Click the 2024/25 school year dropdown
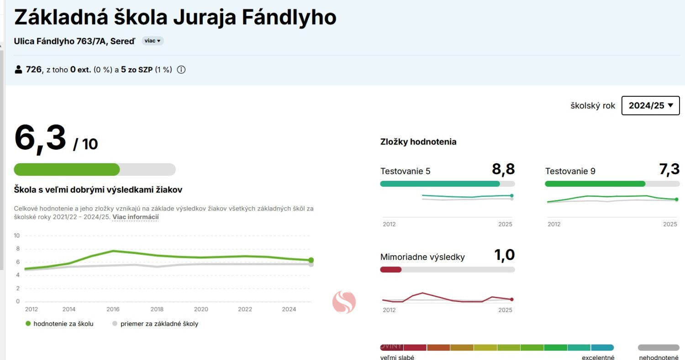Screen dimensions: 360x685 (650, 106)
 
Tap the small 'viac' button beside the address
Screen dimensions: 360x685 (153, 41)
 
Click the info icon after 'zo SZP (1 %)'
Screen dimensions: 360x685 (181, 70)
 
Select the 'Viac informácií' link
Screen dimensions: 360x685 (136, 217)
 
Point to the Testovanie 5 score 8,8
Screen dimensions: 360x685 (503, 169)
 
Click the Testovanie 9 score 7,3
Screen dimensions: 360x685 (669, 169)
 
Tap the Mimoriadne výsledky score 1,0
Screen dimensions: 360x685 (505, 255)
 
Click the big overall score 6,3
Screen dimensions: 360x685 (40, 138)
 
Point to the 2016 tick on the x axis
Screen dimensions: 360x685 (113, 309)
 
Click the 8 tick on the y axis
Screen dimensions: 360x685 (18, 249)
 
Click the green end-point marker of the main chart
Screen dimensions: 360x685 (311, 260)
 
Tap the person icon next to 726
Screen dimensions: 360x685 (19, 70)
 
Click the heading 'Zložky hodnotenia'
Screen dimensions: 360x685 (418, 142)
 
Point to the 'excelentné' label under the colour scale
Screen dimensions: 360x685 (598, 357)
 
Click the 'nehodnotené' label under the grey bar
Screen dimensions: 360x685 (659, 357)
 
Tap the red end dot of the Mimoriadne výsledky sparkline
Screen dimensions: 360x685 (511, 299)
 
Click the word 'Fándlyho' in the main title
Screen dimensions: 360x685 (289, 17)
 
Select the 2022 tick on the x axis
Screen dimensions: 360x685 (245, 309)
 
